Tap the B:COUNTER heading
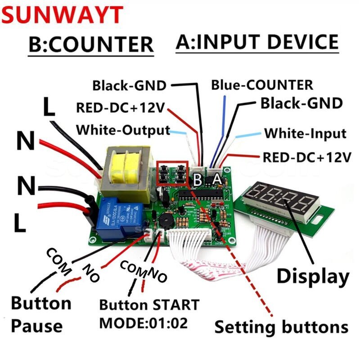(x=90, y=45)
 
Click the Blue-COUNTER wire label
(x=262, y=85)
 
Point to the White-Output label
(x=123, y=130)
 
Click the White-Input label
(x=305, y=134)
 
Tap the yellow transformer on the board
(x=126, y=169)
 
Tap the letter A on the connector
(x=217, y=180)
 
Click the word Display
(x=313, y=276)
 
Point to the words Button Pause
(x=40, y=314)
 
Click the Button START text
(x=149, y=305)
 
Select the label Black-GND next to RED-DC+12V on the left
(x=129, y=85)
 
